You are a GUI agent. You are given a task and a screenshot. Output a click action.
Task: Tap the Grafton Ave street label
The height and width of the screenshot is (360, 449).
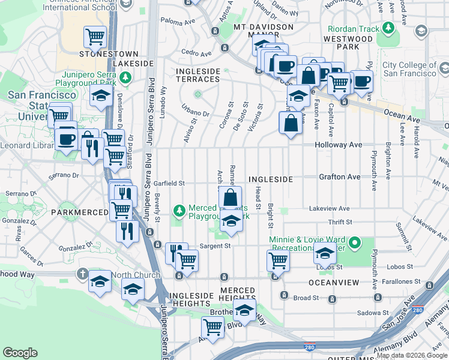pos(340,177)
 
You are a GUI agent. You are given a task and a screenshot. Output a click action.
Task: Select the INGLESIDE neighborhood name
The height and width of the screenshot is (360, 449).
pos(270,179)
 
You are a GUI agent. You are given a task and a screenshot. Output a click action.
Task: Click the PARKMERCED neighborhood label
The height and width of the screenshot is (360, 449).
pos(79,212)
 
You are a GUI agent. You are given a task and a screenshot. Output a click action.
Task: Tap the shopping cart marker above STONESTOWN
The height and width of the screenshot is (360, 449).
pos(95,37)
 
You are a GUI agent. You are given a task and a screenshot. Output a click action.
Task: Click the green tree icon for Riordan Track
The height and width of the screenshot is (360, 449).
pos(389,28)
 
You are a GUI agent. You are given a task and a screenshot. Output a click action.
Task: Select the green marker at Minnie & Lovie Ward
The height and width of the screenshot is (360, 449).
pos(355,244)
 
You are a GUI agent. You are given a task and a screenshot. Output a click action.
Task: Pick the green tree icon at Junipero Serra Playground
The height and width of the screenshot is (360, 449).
pos(125,77)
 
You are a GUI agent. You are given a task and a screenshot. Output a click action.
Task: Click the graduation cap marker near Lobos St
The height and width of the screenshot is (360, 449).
pos(325,254)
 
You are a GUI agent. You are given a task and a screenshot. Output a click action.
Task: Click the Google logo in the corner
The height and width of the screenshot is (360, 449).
pos(20,353)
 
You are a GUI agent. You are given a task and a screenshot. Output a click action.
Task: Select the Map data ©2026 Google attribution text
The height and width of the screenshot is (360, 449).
pos(412,355)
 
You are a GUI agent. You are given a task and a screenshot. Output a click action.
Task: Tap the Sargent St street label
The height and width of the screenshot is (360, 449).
pos(215,245)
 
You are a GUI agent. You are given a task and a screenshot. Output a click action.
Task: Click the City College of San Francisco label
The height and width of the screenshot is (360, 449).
pos(409,69)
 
